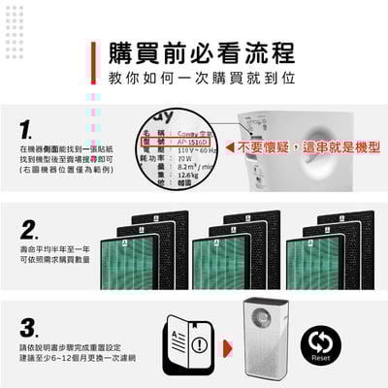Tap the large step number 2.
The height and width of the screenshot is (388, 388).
click(29, 230)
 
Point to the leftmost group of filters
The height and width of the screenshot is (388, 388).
click(141, 251)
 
